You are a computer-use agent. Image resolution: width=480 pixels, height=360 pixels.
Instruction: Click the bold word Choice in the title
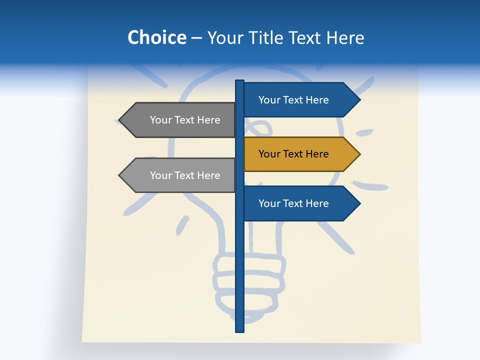pos(156,37)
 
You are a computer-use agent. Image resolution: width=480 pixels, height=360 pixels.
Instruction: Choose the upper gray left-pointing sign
pos(180,120)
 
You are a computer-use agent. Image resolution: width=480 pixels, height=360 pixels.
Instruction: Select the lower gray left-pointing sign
pos(180,175)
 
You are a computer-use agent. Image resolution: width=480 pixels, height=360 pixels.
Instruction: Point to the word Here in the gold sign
pos(317,154)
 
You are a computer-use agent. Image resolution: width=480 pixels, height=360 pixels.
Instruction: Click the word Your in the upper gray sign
pos(161,120)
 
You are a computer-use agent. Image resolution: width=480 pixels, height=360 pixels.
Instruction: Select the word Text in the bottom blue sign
pos(293,203)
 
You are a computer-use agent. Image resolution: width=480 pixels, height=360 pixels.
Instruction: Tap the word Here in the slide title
pos(345,37)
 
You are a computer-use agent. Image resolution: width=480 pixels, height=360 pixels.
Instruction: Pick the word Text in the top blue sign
pos(293,100)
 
